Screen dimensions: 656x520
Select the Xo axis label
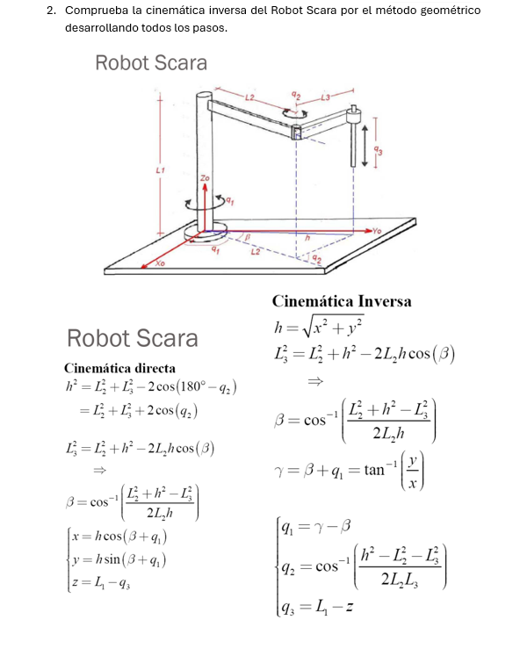click(x=160, y=263)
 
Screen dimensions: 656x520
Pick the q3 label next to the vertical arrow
click(x=377, y=150)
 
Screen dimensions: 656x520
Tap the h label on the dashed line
click(x=308, y=237)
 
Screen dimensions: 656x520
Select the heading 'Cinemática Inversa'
click(x=342, y=301)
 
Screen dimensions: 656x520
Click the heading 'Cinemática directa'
click(x=119, y=367)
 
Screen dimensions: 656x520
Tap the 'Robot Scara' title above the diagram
click(x=151, y=62)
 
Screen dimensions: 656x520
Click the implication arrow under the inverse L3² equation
click(x=314, y=382)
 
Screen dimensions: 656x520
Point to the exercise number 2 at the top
click(x=52, y=11)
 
